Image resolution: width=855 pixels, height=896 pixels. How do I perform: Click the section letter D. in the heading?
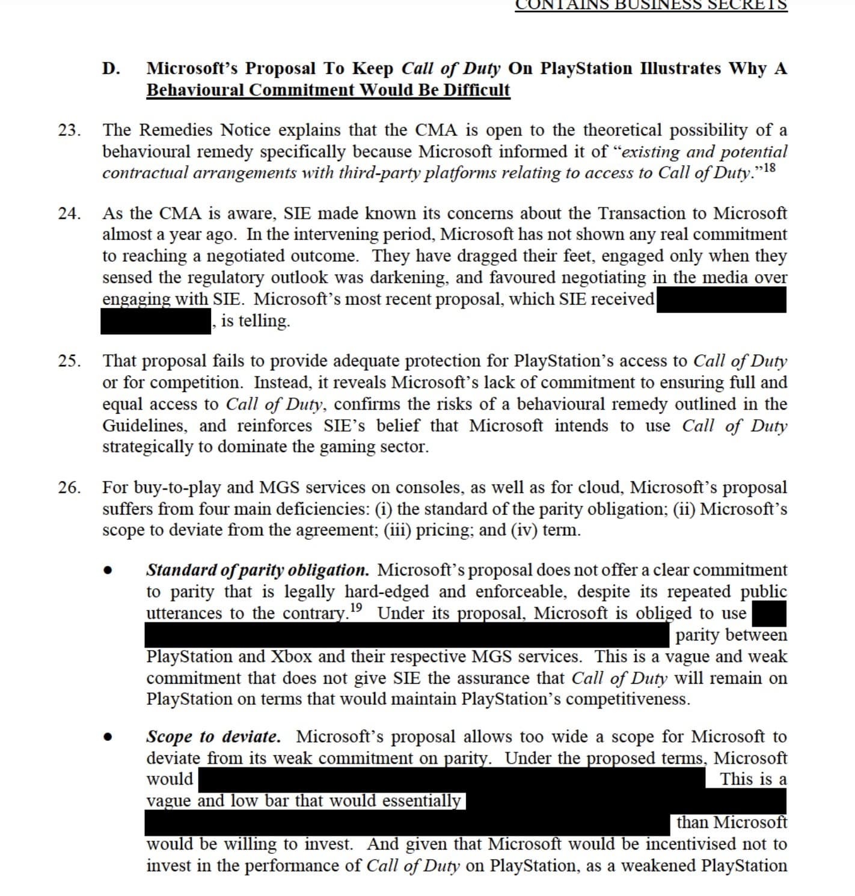(110, 69)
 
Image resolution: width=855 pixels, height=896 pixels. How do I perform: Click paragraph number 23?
(69, 130)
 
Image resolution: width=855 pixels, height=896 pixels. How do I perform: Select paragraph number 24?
(69, 213)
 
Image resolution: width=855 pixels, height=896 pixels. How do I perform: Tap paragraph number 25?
(69, 361)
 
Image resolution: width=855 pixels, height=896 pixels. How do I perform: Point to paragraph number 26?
(69, 488)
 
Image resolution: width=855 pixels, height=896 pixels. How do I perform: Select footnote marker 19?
(356, 607)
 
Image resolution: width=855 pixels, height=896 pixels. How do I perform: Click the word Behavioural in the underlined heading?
(195, 90)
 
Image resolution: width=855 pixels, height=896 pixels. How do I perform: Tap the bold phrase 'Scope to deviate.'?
(213, 737)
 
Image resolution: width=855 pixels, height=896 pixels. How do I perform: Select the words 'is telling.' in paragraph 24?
(255, 321)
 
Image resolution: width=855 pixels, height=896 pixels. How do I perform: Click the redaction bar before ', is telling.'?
(156, 322)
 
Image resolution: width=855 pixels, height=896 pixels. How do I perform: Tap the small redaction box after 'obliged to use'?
(769, 614)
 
